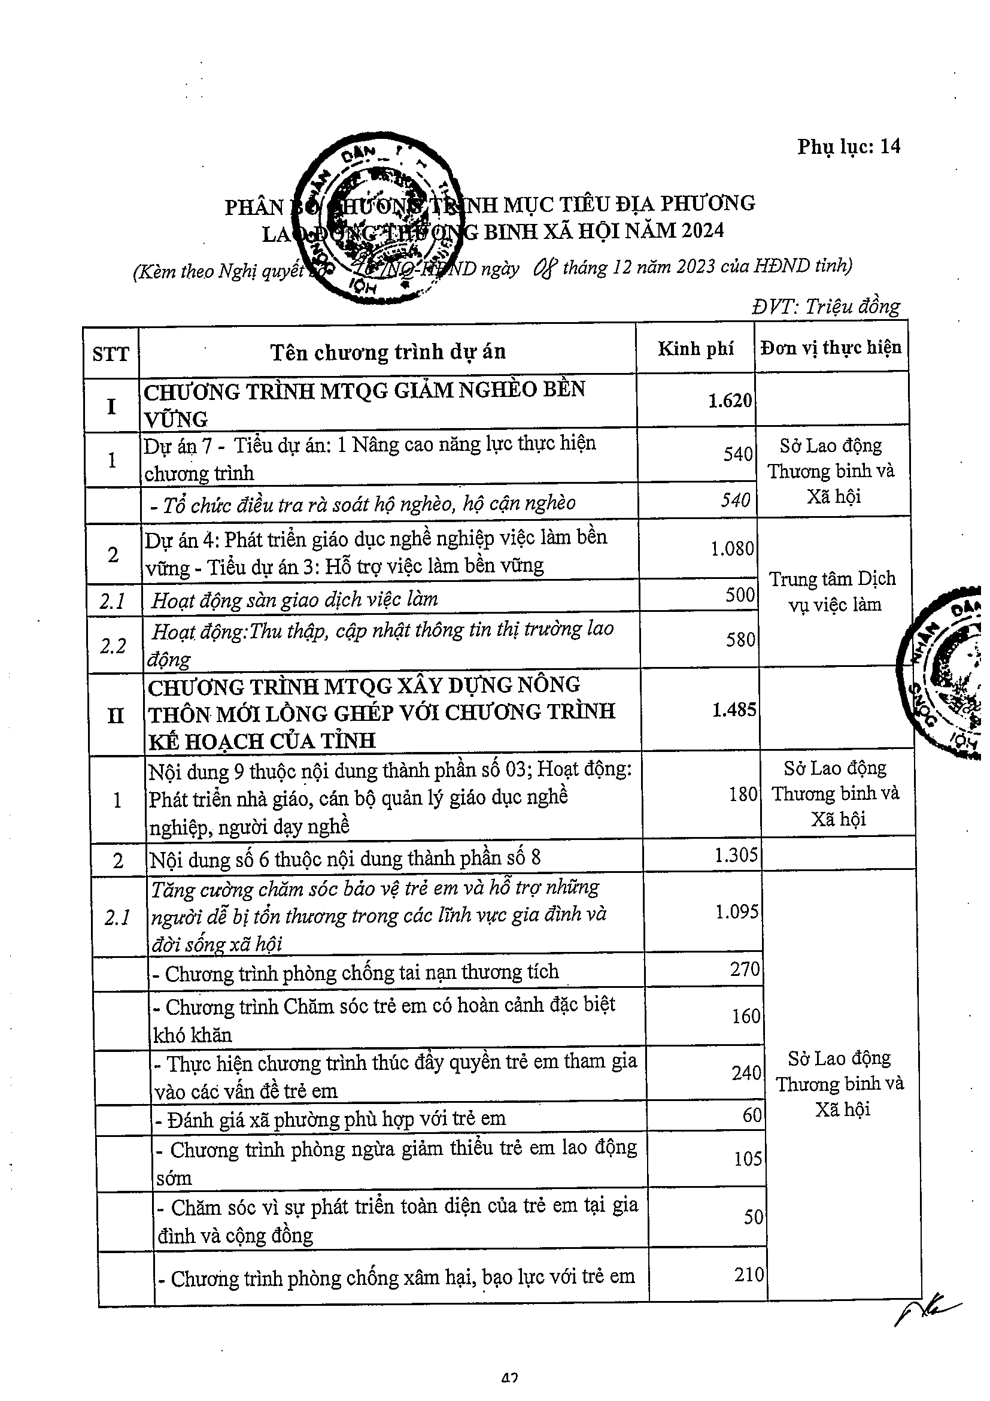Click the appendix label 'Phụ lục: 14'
[x=848, y=147]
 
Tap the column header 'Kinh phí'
[x=696, y=348]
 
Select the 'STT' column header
[x=110, y=354]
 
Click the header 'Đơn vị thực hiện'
[x=831, y=348]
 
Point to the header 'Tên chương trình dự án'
[x=388, y=352]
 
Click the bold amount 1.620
[x=730, y=401]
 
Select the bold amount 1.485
[x=734, y=709]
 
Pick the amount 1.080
[x=732, y=548]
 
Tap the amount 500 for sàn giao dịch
[x=740, y=595]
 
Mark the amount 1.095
[x=737, y=911]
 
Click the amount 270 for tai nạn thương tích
[x=745, y=968]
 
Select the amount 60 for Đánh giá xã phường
[x=752, y=1114]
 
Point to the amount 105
[x=748, y=1158]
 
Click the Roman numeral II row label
[x=116, y=715]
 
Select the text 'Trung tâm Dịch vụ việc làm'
[x=832, y=592]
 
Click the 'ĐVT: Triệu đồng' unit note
[x=826, y=307]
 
